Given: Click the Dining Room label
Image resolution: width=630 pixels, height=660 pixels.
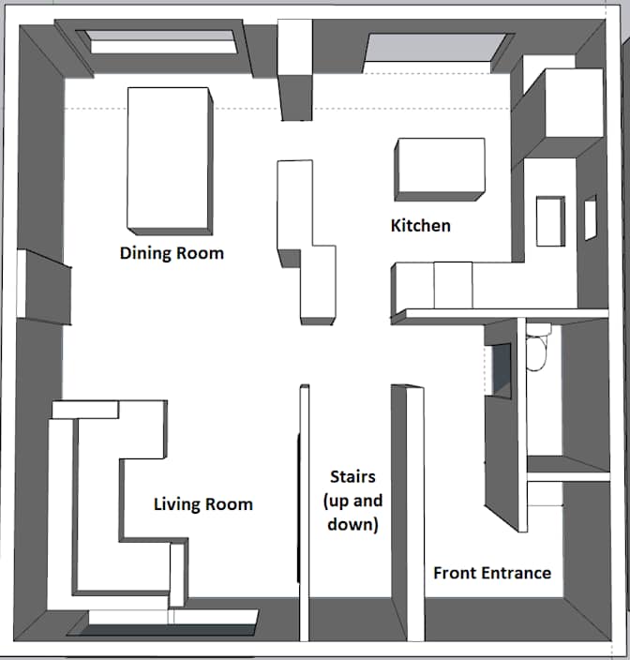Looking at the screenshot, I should pyautogui.click(x=172, y=253).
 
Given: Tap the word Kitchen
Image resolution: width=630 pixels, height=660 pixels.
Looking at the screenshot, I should pyautogui.click(x=420, y=226).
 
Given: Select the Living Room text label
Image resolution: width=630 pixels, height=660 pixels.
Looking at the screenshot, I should pyautogui.click(x=202, y=504).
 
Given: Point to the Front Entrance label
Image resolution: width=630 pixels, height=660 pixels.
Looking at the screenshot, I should pyautogui.click(x=491, y=573).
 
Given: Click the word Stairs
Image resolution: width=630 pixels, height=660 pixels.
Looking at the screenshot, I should pyautogui.click(x=352, y=477).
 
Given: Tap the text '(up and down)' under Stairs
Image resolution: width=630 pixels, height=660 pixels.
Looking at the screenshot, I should pyautogui.click(x=352, y=513).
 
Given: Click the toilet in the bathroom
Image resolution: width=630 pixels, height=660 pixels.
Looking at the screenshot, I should pyautogui.click(x=539, y=352).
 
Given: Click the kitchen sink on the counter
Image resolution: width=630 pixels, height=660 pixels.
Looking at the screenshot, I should pyautogui.click(x=550, y=220).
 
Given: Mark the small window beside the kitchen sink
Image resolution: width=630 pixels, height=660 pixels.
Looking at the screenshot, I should pyautogui.click(x=590, y=218).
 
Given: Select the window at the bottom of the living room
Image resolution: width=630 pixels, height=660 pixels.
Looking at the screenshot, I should pyautogui.click(x=173, y=618).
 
